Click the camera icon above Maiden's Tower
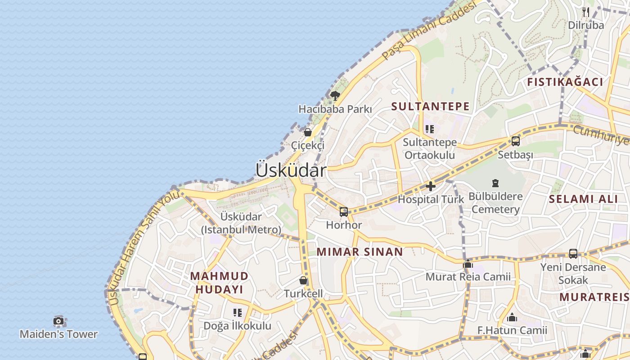[x=58, y=321]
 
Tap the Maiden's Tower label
[x=58, y=334]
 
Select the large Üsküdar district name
[x=291, y=170]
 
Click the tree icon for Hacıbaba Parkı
[x=335, y=95]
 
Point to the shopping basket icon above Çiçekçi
[x=308, y=132]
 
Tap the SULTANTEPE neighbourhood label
[x=430, y=107]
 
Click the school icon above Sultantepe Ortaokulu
[x=430, y=129]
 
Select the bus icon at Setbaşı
[x=516, y=141]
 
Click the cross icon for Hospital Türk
[x=431, y=186]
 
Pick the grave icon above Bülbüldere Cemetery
[x=495, y=183]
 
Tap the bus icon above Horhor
[x=344, y=211]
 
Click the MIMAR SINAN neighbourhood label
[x=360, y=252]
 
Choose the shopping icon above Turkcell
[x=303, y=280]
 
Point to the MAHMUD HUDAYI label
[x=219, y=283]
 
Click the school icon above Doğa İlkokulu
[x=238, y=312]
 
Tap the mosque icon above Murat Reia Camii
[x=468, y=264]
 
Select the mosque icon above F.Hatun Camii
[x=512, y=318]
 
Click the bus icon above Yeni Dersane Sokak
[x=573, y=253]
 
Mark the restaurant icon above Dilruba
[x=585, y=12]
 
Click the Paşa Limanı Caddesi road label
[x=428, y=30]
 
